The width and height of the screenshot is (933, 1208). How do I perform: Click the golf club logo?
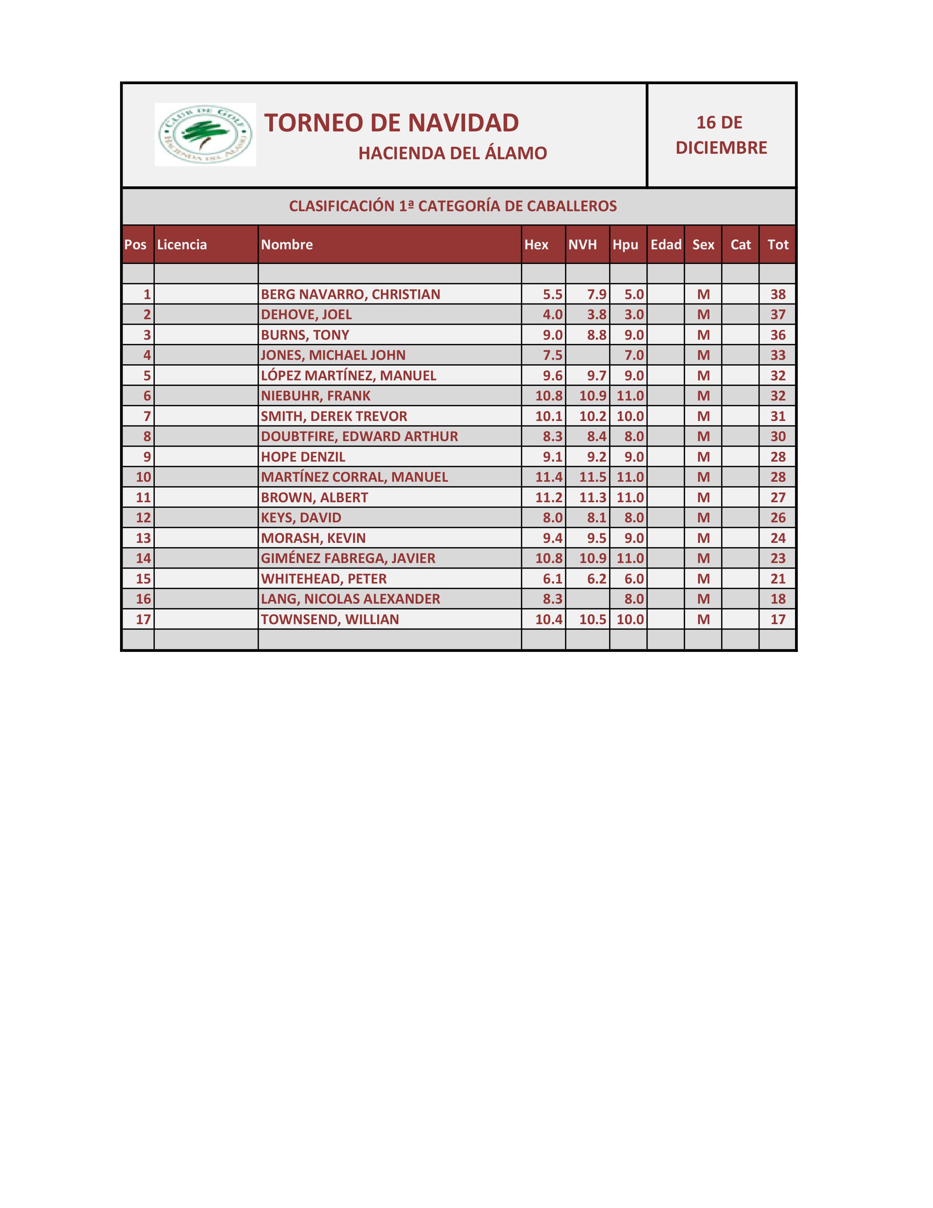205,134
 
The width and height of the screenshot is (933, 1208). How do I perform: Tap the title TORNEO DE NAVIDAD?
391,123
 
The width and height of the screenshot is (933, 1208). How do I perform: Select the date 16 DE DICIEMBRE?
721,135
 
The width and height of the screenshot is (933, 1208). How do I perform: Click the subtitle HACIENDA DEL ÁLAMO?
452,153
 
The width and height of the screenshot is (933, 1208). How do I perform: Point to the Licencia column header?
182,245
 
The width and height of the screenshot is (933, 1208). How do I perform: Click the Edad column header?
666,245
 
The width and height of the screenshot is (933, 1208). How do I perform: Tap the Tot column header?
778,245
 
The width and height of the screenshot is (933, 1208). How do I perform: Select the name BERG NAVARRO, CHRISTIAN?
351,294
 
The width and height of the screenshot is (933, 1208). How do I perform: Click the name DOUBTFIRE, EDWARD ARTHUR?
359,436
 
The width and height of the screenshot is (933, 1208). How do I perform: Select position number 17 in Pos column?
143,619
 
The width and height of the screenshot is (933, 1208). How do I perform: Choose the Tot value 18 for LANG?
778,599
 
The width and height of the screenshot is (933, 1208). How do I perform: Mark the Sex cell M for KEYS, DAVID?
703,518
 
